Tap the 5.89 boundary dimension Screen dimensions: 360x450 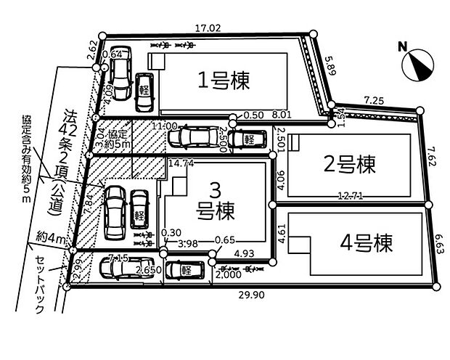331,69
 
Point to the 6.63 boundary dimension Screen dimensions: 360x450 441,245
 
